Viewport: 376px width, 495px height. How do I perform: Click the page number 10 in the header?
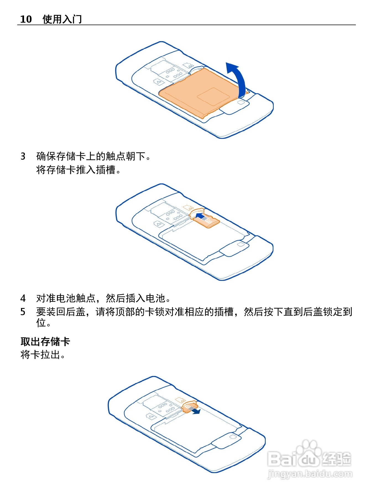pyautogui.click(x=26, y=19)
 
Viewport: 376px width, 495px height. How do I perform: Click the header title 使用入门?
pyautogui.click(x=62, y=19)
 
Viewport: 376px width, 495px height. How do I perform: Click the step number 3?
pyautogui.click(x=23, y=156)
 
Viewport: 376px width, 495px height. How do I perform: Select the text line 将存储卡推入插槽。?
pyautogui.click(x=79, y=170)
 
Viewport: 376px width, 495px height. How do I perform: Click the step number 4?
pyautogui.click(x=23, y=298)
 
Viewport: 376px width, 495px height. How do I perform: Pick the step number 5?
pyautogui.click(x=23, y=312)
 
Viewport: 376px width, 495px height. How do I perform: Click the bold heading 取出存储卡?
pyautogui.click(x=45, y=342)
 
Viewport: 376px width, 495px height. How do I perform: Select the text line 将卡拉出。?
pyautogui.click(x=43, y=355)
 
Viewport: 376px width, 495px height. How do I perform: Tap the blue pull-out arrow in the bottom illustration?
pyautogui.click(x=197, y=411)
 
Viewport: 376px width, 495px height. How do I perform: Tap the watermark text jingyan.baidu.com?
pyautogui.click(x=310, y=474)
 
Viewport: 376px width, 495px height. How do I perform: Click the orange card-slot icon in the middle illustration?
pyautogui.click(x=188, y=207)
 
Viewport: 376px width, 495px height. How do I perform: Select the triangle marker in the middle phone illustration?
pyautogui.click(x=158, y=224)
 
